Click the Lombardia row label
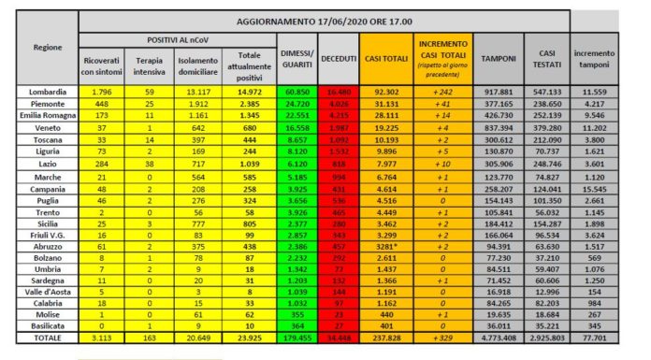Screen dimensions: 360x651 tap(47, 91)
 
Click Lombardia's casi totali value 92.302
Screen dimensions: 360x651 tap(383, 91)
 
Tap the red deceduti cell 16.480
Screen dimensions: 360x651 tap(338, 91)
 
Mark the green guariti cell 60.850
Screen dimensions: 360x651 tap(297, 91)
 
